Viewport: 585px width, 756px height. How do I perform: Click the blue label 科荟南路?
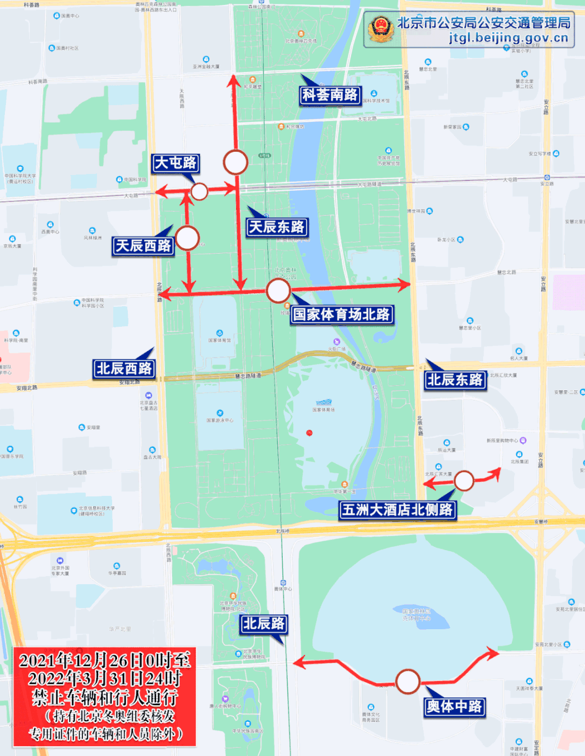tap(330, 95)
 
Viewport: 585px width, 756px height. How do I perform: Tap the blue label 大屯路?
tap(175, 163)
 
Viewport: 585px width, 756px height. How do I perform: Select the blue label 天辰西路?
tap(143, 246)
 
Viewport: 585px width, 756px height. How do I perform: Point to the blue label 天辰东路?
tap(276, 227)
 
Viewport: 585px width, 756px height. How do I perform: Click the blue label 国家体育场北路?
tap(341, 314)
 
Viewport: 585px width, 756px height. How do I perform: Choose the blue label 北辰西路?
tap(124, 369)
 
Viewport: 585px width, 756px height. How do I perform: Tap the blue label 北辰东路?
tap(454, 380)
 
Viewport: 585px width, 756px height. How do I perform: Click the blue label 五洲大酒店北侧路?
tap(397, 509)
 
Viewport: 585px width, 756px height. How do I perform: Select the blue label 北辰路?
tap(263, 624)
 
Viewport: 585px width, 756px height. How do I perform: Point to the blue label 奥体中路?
tap(454, 707)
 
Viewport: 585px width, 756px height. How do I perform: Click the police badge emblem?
tap(381, 28)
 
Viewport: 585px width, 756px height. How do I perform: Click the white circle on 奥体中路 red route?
tap(407, 682)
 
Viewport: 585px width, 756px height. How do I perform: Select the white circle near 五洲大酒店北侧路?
tap(464, 481)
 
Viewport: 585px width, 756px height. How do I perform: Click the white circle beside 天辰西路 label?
tap(187, 238)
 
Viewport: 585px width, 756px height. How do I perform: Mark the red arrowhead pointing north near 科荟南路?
tap(233, 81)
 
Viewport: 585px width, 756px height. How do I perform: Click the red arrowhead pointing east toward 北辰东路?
tap(404, 283)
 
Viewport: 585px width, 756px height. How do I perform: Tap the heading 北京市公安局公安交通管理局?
tap(484, 23)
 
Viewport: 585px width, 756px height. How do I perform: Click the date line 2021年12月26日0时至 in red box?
tap(105, 660)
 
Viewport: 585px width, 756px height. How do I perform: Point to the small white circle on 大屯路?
tap(199, 191)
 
